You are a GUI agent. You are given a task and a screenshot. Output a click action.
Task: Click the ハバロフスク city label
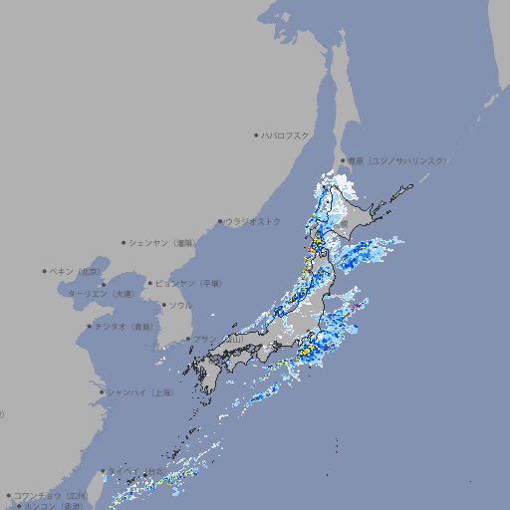click(x=286, y=134)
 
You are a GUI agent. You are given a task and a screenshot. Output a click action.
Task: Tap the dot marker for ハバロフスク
click(x=256, y=134)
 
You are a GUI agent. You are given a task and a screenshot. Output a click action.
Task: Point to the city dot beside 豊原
click(x=343, y=160)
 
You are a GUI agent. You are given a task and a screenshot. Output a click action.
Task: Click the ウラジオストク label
click(x=253, y=221)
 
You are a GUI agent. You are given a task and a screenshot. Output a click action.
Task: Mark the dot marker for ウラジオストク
click(x=220, y=221)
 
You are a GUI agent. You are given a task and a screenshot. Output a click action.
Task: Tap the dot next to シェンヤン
click(x=125, y=242)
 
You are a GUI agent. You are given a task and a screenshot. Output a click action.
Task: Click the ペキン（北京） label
click(x=78, y=271)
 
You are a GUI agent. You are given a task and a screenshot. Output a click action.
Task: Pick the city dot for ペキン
click(x=45, y=271)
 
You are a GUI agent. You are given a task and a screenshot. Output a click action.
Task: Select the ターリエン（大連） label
click(x=100, y=294)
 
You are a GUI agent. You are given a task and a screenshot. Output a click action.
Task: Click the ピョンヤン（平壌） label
click(x=190, y=283)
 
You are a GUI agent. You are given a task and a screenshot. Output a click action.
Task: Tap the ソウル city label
click(x=180, y=305)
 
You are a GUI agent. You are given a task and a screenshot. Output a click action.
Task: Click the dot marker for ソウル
click(x=163, y=305)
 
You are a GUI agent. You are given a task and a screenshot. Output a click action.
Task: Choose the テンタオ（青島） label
click(x=125, y=326)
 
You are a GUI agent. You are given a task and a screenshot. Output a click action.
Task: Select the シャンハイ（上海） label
click(x=139, y=392)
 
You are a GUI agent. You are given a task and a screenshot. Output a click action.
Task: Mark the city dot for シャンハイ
click(x=102, y=392)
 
